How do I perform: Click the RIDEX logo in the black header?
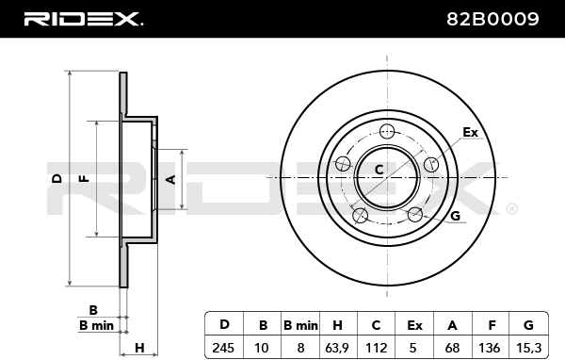(83, 19)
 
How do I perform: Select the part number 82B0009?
(492, 19)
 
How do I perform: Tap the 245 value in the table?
(223, 348)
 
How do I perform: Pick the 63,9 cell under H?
(337, 348)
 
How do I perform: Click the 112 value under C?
(376, 348)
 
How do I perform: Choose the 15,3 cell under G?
(528, 348)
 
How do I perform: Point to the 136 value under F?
(490, 348)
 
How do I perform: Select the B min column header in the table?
(300, 325)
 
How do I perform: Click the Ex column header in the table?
(414, 325)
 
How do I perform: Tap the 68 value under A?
(452, 348)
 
